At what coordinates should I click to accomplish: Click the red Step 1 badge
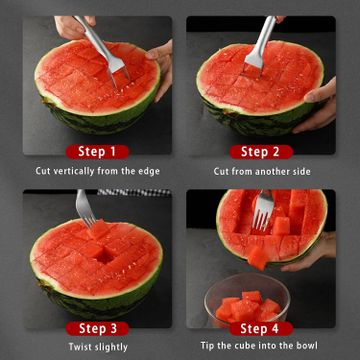click(x=97, y=152)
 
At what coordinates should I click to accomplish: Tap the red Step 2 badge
click(x=261, y=152)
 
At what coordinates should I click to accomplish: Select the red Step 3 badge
click(x=97, y=329)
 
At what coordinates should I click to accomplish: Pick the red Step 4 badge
click(x=261, y=329)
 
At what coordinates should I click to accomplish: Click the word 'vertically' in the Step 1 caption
click(x=74, y=171)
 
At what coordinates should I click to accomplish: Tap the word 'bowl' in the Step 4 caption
click(x=308, y=345)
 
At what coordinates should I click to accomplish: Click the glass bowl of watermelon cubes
click(x=247, y=299)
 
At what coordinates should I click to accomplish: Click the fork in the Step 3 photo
click(x=85, y=207)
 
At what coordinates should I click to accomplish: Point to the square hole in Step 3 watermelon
click(x=105, y=257)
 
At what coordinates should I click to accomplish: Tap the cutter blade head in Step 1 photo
click(x=117, y=70)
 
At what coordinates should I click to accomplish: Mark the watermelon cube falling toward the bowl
click(x=258, y=257)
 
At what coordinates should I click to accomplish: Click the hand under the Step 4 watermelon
click(x=312, y=252)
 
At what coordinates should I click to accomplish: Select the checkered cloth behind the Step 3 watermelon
click(x=133, y=192)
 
